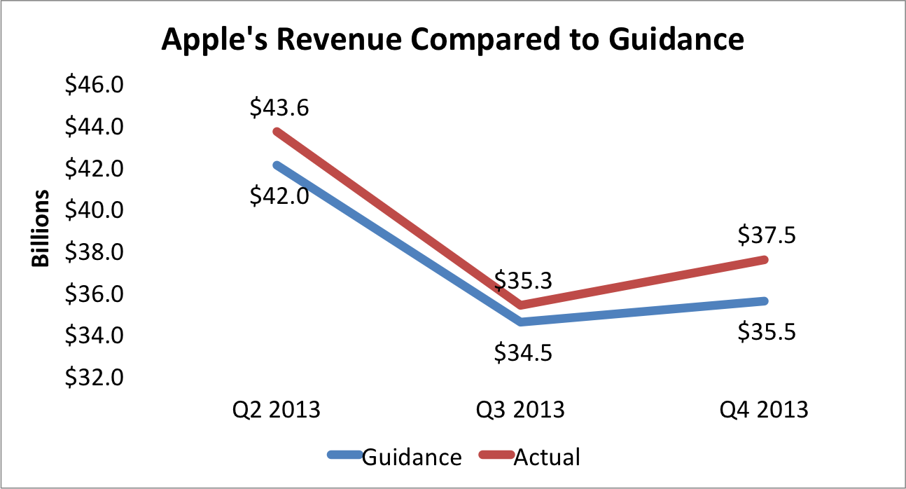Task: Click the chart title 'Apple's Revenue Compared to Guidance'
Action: [452, 40]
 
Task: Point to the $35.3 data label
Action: [523, 280]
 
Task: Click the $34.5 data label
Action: [523, 351]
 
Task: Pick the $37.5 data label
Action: [767, 236]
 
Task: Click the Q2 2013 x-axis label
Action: [277, 408]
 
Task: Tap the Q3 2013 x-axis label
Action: [520, 408]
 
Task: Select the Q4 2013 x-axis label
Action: [765, 408]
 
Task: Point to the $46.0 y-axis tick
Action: [94, 85]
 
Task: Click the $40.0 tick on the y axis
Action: [94, 210]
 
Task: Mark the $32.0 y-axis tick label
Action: [94, 378]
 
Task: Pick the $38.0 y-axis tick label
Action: [94, 252]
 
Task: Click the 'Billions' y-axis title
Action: [41, 228]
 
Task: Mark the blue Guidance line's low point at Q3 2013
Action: [520, 322]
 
